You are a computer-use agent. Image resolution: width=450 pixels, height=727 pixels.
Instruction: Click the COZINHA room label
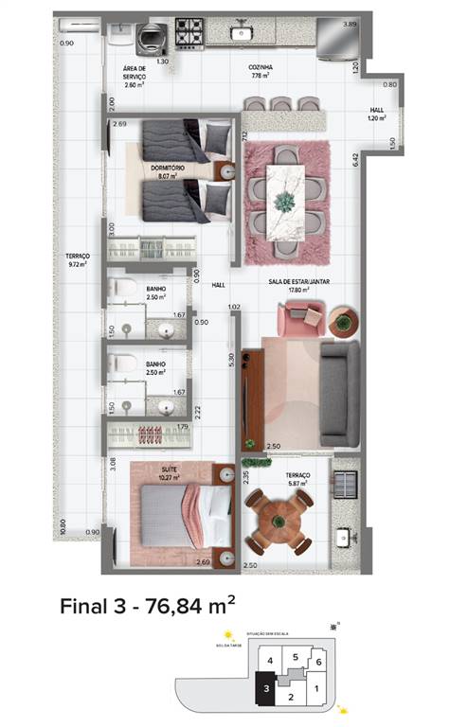pyautogui.click(x=261, y=68)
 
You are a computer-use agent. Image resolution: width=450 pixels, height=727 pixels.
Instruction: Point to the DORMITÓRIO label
pyautogui.click(x=167, y=167)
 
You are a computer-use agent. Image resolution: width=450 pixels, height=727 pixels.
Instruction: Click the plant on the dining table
pyautogui.click(x=284, y=201)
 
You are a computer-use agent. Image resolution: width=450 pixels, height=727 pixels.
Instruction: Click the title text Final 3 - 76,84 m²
pyautogui.click(x=147, y=605)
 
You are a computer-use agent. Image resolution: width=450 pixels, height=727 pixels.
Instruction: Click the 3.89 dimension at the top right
pyautogui.click(x=350, y=24)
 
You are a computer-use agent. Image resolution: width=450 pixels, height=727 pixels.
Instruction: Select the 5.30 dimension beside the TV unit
pyautogui.click(x=230, y=361)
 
